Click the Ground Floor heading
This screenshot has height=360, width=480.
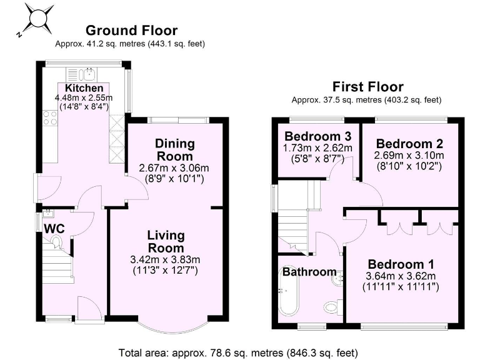coord(131,30)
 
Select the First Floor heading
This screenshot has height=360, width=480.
coord(367,86)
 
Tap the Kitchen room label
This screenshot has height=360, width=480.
coord(84,88)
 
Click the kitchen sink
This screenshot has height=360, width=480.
coord(84,72)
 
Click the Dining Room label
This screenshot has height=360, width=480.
coord(174,150)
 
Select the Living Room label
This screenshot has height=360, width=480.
coord(166,242)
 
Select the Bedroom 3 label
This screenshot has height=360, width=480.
coord(317,136)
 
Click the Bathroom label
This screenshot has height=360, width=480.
coord(309,272)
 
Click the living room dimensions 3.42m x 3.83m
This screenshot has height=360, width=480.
coord(166,261)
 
